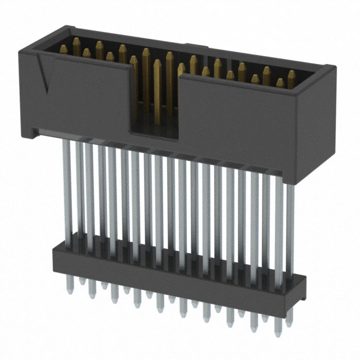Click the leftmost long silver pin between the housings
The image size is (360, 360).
[67, 191]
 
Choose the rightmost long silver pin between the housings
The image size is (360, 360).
[290, 225]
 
